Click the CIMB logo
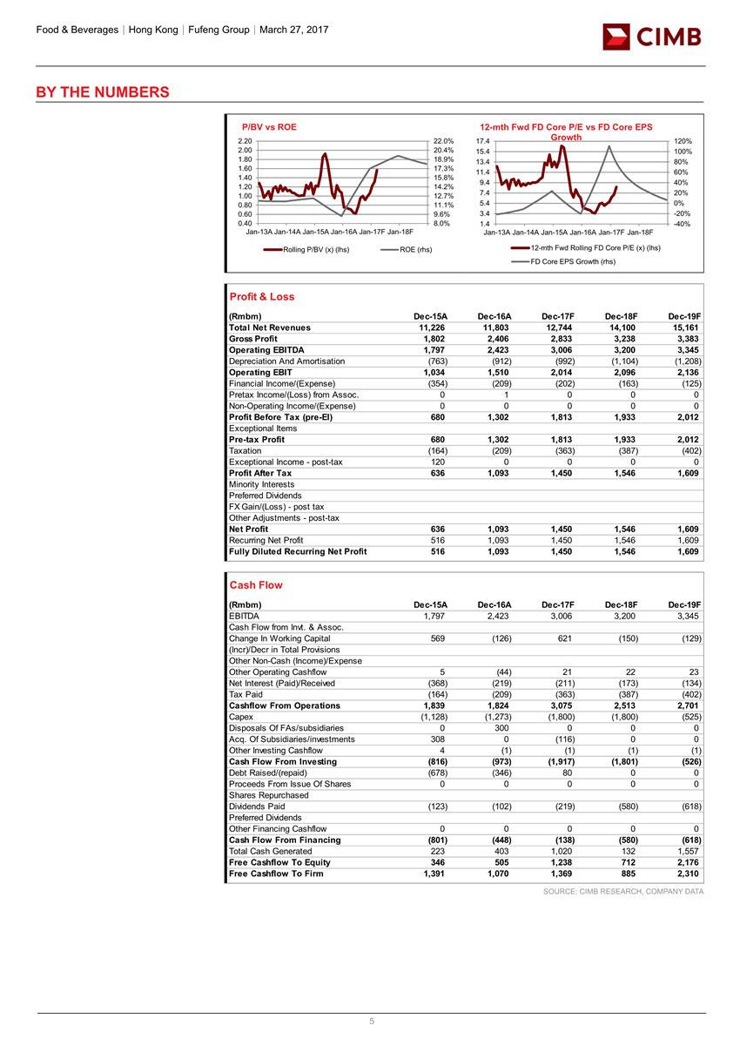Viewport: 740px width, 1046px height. coord(652,37)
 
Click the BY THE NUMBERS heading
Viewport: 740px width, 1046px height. coord(103,92)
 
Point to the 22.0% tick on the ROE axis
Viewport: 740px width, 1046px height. coord(442,141)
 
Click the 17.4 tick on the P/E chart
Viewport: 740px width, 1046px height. coord(482,141)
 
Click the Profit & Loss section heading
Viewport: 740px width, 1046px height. coord(261,297)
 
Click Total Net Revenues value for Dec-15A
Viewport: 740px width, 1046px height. coord(433,327)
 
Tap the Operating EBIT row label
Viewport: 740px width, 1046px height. coord(259,373)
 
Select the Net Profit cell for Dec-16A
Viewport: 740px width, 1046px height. coord(498,530)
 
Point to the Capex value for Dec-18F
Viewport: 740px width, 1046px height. coord(622,717)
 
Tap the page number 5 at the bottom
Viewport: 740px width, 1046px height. coord(370,1022)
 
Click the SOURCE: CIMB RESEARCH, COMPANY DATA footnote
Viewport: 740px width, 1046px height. coord(622,891)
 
